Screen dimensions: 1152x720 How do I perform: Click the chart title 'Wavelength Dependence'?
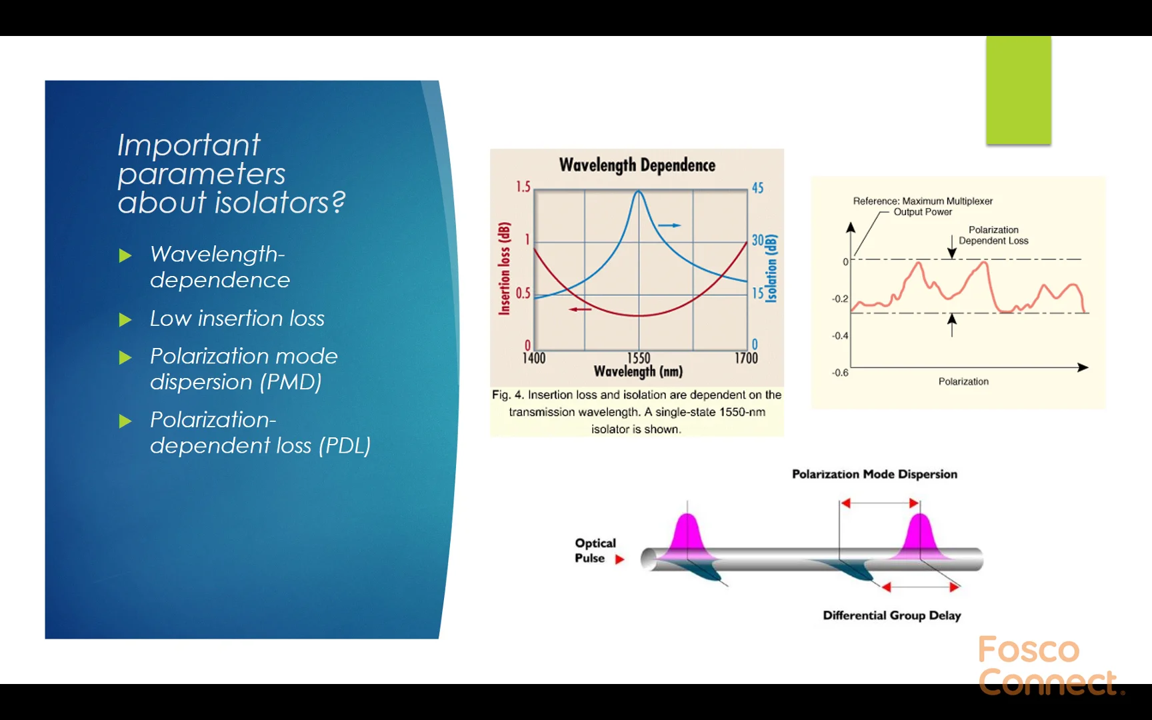[637, 165]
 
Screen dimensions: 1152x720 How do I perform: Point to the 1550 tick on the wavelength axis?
[639, 358]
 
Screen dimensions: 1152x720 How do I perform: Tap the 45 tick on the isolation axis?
[758, 188]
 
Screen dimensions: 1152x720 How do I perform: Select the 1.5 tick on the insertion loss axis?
[523, 187]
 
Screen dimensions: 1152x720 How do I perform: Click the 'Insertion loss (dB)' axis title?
[505, 268]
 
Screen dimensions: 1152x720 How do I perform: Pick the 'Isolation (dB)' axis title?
[771, 269]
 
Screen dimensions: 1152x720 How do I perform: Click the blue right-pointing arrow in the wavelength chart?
[670, 225]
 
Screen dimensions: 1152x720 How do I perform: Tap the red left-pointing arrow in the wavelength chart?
[580, 309]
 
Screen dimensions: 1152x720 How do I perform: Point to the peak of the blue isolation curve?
[639, 191]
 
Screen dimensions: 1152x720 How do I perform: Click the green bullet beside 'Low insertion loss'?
[125, 320]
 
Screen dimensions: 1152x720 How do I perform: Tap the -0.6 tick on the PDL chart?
[840, 373]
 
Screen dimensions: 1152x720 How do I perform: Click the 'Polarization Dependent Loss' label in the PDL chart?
[993, 235]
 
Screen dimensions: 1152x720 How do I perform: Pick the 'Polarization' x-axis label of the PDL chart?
[963, 381]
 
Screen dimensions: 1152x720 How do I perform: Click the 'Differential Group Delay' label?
[892, 615]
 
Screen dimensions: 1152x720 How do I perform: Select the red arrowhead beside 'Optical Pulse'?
[619, 559]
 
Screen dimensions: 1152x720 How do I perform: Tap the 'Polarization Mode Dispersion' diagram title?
[875, 474]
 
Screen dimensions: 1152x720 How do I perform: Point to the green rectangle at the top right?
[1019, 90]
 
